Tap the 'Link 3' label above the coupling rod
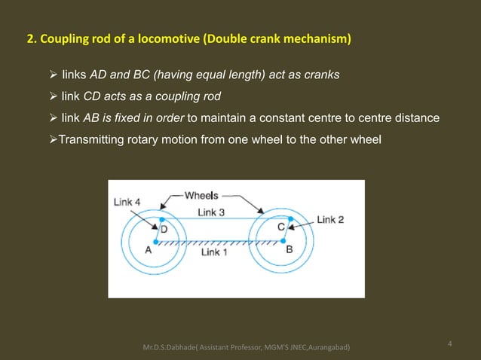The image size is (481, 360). click(211, 212)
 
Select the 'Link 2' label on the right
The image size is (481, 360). click(330, 219)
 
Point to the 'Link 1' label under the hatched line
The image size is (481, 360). click(216, 252)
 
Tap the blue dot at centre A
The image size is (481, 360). click(156, 241)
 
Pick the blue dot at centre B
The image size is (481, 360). click(284, 241)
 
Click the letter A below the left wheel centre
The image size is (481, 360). click(149, 252)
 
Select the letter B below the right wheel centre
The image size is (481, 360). click(290, 252)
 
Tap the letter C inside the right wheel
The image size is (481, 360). click(280, 227)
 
